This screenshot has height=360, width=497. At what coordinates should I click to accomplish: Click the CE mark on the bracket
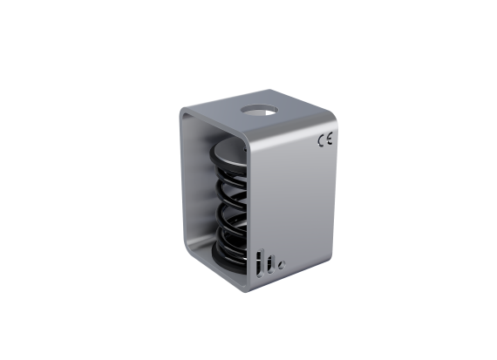point(325,139)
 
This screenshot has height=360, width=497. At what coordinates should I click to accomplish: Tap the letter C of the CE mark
point(321,140)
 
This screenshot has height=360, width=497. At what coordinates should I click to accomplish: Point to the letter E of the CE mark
point(330,139)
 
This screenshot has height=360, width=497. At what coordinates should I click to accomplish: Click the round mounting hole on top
point(259,111)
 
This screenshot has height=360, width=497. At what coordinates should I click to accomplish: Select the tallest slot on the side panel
point(260,264)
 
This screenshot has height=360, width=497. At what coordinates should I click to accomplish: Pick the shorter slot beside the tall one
point(270,264)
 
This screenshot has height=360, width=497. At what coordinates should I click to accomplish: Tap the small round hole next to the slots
point(282,265)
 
